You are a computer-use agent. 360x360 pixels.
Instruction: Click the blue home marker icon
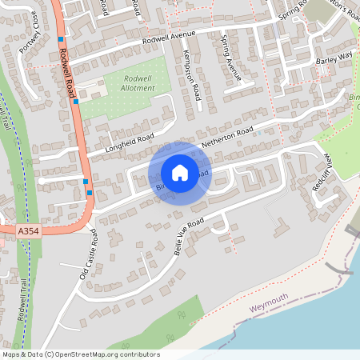[x=180, y=172]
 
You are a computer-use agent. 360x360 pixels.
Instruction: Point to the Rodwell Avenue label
[x=169, y=37]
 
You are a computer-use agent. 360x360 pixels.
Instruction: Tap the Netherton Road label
[x=228, y=137]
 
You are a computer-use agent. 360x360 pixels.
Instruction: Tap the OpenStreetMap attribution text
[x=80, y=354]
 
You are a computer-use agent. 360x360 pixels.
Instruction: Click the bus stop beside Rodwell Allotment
[x=76, y=101]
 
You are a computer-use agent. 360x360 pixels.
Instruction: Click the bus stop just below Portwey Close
[x=61, y=38]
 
